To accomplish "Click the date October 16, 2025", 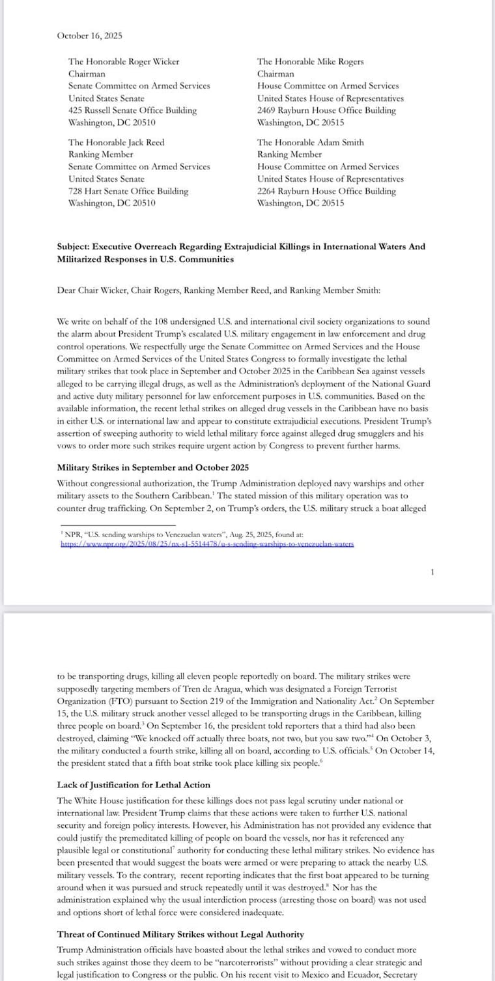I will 89,36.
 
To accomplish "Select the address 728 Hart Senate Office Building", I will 128,192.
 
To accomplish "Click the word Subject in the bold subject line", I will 73,247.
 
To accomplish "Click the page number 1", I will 432,572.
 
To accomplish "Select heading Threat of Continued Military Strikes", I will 180,935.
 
